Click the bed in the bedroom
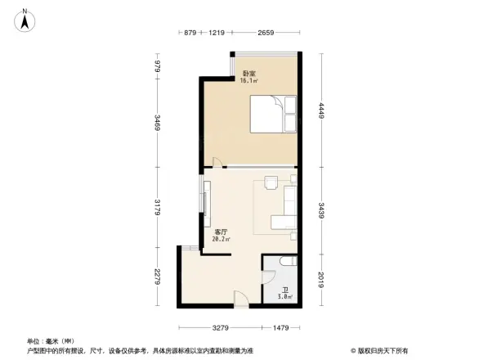pos(273,113)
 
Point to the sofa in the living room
pos(286,209)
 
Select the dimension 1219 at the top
pos(216,34)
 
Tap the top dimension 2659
pos(265,34)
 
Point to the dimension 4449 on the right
pos(321,110)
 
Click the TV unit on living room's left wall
pos(204,196)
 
